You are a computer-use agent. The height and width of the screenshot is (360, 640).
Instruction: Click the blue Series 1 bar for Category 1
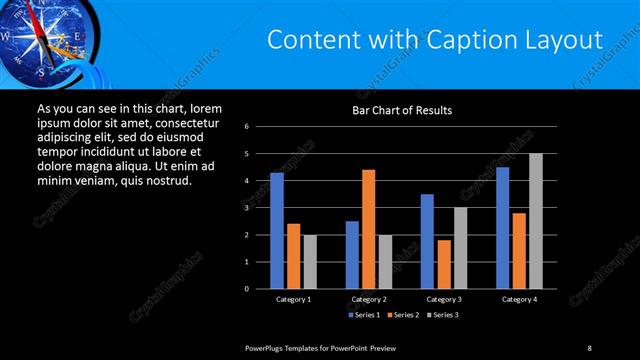tap(277, 230)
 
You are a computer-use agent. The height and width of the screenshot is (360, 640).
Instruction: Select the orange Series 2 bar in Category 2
tap(368, 229)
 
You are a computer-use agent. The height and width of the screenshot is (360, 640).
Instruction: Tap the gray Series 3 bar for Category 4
tap(535, 221)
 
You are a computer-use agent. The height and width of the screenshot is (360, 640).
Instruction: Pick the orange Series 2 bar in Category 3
tap(444, 264)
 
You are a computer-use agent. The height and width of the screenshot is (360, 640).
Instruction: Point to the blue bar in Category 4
tap(502, 227)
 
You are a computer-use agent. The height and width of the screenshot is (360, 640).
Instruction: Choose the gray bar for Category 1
tap(310, 261)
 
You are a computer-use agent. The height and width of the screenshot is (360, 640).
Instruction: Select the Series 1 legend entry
tap(363, 315)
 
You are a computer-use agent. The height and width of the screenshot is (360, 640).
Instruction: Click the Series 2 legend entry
tap(401, 315)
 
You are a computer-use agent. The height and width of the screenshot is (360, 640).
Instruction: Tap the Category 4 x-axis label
tap(518, 299)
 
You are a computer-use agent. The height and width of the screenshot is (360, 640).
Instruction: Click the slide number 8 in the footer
tap(589, 347)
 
